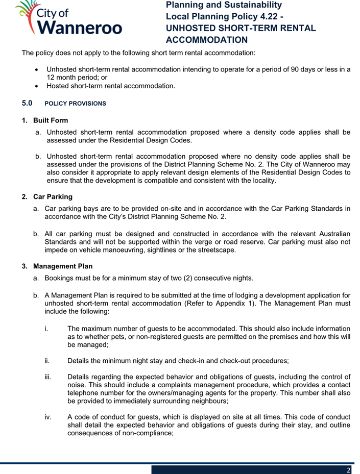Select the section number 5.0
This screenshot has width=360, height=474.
tap(28, 103)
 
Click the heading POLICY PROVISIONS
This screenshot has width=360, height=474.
tap(75, 104)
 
